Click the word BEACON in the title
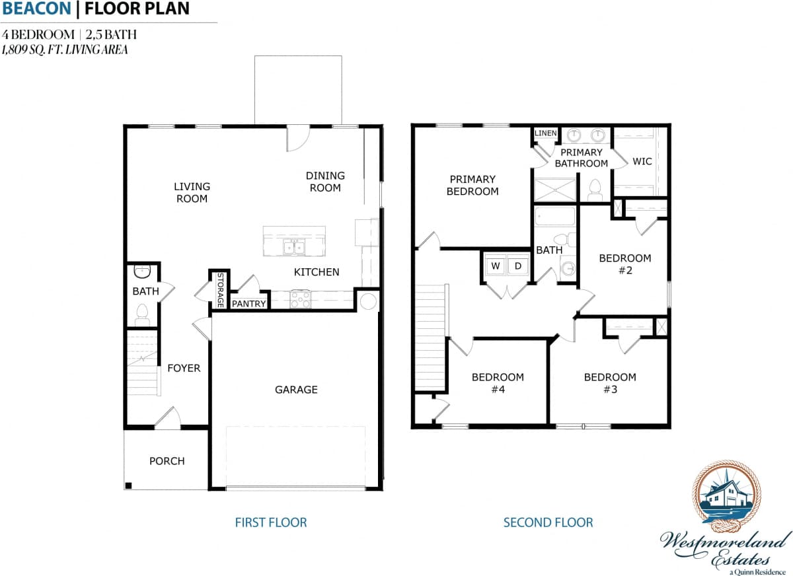pyautogui.click(x=36, y=9)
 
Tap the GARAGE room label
pyautogui.click(x=296, y=390)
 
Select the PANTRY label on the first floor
pyautogui.click(x=249, y=304)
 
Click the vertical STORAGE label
pyautogui.click(x=220, y=289)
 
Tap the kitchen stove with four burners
pyautogui.click(x=301, y=300)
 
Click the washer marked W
pyautogui.click(x=495, y=266)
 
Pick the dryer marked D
pyautogui.click(x=518, y=266)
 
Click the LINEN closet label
pyautogui.click(x=546, y=133)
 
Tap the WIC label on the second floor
pyautogui.click(x=642, y=161)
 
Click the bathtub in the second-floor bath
pyautogui.click(x=555, y=216)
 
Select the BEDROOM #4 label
pyautogui.click(x=498, y=383)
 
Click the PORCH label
pyautogui.click(x=167, y=461)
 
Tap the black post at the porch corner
pyautogui.click(x=129, y=486)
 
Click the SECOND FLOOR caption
pyautogui.click(x=548, y=522)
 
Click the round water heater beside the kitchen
pyautogui.click(x=368, y=302)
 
